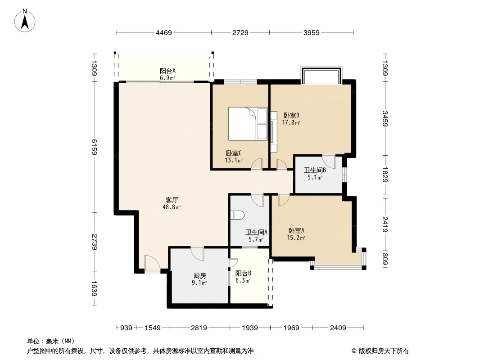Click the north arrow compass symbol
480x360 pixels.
pos(25,20)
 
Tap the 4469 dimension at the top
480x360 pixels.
pos(164,33)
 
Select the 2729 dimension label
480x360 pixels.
pos(240,33)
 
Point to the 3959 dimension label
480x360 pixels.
pos(311,33)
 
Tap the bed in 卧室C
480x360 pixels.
pos(248,124)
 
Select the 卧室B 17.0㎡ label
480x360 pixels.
pos(291,119)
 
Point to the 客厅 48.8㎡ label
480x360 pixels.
pos(172,203)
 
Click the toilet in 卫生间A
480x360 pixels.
pos(238,215)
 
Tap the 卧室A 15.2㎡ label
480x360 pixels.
pos(296,234)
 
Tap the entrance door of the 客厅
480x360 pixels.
pos(152,263)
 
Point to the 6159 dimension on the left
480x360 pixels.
pos(94,147)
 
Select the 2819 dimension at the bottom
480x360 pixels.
pos(199,328)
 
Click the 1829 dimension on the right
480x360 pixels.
pos(385,175)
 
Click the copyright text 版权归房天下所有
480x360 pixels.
pos(380,351)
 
